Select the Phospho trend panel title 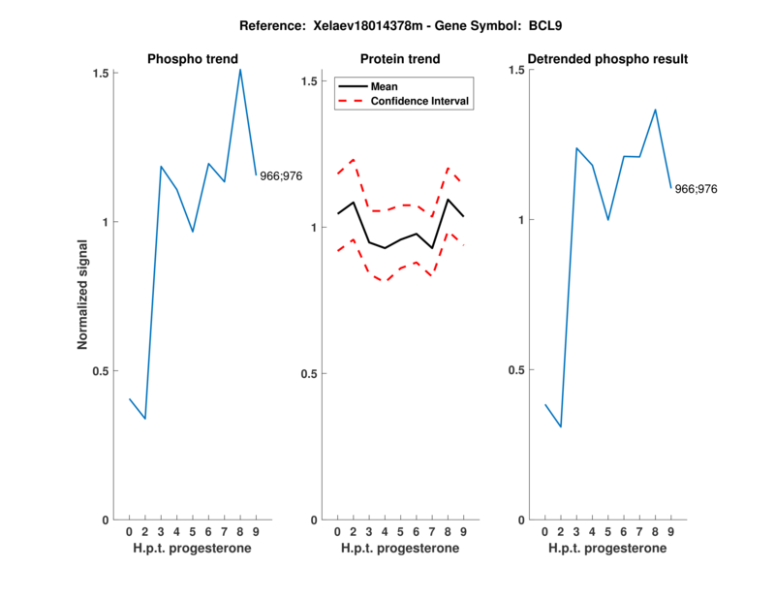(x=193, y=59)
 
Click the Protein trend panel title (x=399, y=59)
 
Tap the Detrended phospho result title (x=606, y=59)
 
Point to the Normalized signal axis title (x=84, y=295)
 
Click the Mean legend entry (x=384, y=86)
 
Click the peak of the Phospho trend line (x=240, y=69)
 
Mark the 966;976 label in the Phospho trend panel (x=281, y=176)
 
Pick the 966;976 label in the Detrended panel (x=696, y=189)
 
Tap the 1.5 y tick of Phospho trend (x=100, y=73)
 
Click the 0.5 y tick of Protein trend (x=312, y=374)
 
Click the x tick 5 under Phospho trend (x=193, y=531)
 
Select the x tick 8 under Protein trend (x=449, y=531)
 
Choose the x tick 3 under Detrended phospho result (x=576, y=531)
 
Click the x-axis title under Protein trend (x=399, y=549)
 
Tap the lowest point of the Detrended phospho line (x=560, y=426)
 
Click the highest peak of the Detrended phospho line (x=655, y=110)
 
